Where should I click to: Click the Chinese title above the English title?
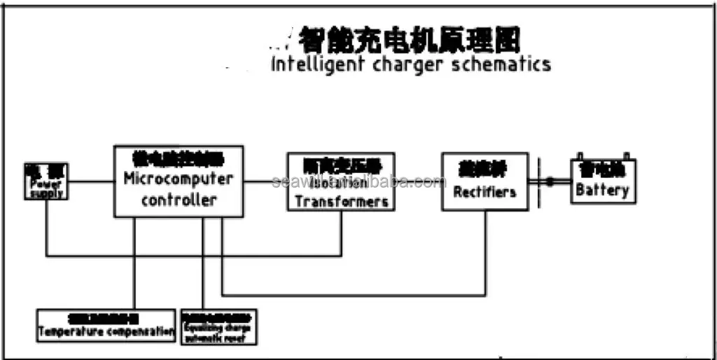[410, 40]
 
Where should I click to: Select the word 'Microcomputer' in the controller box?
[179, 178]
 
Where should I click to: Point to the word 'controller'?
[179, 200]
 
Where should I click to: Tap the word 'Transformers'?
[342, 201]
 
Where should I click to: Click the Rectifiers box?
[485, 181]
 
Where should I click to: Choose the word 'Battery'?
[602, 190]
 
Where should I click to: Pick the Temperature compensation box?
[106, 326]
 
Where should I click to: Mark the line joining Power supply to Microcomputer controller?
[92, 181]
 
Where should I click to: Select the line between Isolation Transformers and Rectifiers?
[418, 181]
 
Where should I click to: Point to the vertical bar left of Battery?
[538, 183]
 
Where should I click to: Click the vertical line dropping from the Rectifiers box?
[485, 252]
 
